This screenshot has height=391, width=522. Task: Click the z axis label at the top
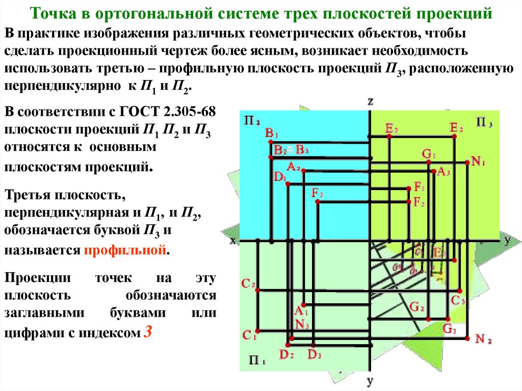(371, 101)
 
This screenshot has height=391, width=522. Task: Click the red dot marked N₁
(467, 162)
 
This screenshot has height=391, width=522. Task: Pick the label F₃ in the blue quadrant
(318, 193)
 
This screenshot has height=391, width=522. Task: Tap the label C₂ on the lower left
(248, 284)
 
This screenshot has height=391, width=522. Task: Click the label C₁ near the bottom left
(248, 335)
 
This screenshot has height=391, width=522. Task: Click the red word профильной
(125, 251)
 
